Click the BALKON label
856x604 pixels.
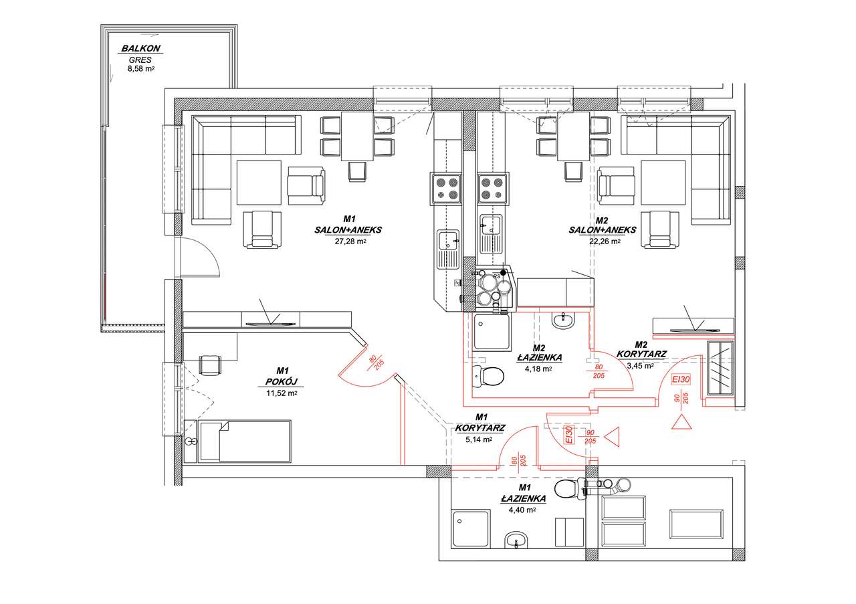[x=140, y=49]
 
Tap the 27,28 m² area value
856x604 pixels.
[x=350, y=241]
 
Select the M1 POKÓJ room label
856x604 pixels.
[x=282, y=376]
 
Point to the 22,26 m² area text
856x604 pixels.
[x=605, y=241]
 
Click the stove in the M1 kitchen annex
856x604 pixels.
[x=446, y=188]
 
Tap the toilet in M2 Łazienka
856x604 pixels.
[x=488, y=376]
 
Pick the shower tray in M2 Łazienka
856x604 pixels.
[x=492, y=332]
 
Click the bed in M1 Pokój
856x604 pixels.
[x=245, y=441]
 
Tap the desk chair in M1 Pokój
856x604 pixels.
[x=210, y=365]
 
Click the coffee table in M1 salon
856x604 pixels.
[x=259, y=183]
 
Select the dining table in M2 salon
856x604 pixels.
[x=573, y=136]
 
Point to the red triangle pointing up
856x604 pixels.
[x=681, y=421]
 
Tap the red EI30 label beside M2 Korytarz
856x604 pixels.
[x=681, y=380]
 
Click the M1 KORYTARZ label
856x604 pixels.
[x=480, y=423]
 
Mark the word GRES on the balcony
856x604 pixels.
[x=140, y=60]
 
